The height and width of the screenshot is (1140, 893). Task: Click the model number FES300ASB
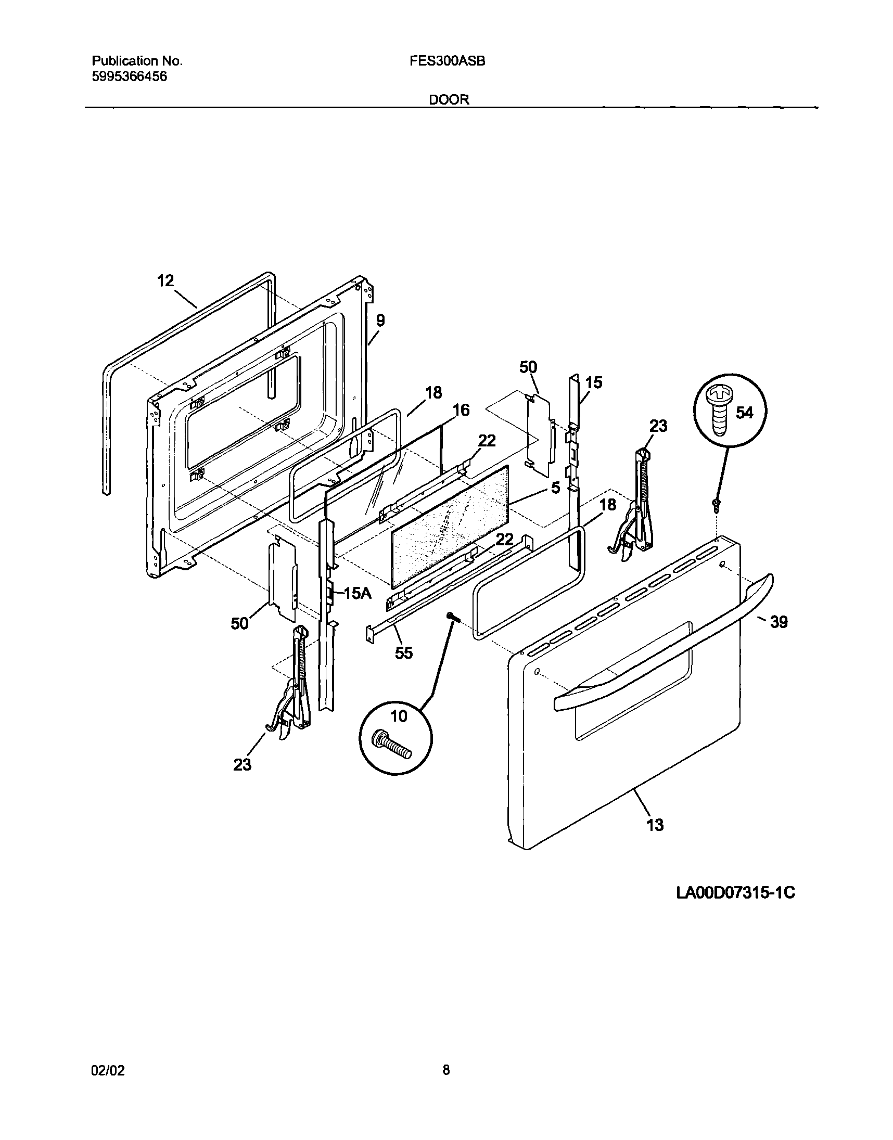click(x=448, y=61)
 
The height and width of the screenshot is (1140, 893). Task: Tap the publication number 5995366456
click(x=129, y=77)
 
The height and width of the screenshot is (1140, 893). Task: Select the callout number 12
click(x=165, y=280)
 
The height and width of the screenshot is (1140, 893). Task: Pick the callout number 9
click(x=380, y=321)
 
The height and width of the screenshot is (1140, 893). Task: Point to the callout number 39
click(x=779, y=622)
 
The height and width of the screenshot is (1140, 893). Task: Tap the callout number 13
click(x=655, y=824)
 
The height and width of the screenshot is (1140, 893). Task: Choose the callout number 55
click(x=404, y=653)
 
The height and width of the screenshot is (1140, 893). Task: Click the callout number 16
click(x=461, y=410)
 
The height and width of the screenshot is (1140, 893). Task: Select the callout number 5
click(x=555, y=488)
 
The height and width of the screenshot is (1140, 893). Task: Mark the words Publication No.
click(x=137, y=61)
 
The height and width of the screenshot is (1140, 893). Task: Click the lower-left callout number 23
click(x=242, y=765)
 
